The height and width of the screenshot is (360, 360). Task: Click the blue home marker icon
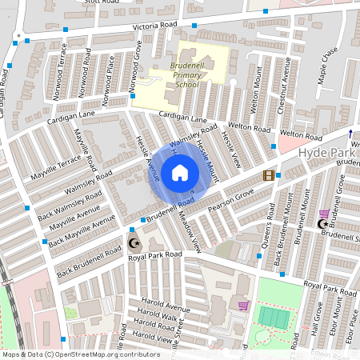(x=180, y=172)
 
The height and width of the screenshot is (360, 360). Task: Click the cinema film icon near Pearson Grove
(x=269, y=175)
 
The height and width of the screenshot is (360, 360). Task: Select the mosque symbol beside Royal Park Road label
(x=134, y=243)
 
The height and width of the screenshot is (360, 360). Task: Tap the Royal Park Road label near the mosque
(x=154, y=254)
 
